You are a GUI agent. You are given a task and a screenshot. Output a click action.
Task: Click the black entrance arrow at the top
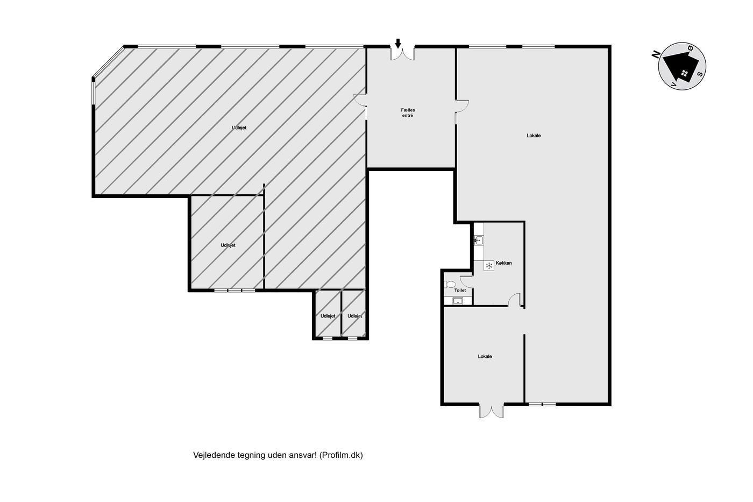tap(398, 44)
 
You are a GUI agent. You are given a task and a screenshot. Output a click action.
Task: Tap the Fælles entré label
tap(408, 112)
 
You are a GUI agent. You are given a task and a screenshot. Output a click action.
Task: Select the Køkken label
tap(503, 263)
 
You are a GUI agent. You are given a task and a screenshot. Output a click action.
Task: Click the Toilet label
tap(460, 290)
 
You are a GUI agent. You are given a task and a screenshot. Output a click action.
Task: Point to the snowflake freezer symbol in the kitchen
tap(489, 266)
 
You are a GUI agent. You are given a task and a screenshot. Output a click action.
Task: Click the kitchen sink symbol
tap(479, 240)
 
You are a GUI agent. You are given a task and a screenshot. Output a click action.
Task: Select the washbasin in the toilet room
tap(458, 301)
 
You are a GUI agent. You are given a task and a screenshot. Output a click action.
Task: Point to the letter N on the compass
tap(656, 54)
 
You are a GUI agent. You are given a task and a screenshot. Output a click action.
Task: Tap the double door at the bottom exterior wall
tap(492, 411)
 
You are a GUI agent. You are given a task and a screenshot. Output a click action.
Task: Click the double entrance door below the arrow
tap(402, 54)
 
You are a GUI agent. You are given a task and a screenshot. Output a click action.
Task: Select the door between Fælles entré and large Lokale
tap(462, 107)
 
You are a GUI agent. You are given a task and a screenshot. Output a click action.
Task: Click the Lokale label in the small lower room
tap(485, 356)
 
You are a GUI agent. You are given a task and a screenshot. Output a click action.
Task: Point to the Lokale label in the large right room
tap(534, 136)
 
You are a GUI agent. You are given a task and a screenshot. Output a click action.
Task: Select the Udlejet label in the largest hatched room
tap(239, 128)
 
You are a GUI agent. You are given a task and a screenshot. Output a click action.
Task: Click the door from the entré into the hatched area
tap(360, 101)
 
